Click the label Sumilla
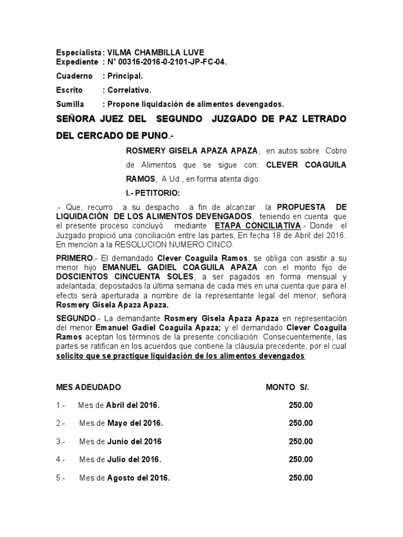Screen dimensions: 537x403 click(70, 103)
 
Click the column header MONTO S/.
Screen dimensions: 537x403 click(288, 387)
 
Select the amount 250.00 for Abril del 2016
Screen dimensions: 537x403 click(300, 405)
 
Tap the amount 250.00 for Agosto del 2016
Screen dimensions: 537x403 click(300, 478)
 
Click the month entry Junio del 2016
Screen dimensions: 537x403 click(134, 441)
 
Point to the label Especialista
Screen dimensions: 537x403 click(78, 52)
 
